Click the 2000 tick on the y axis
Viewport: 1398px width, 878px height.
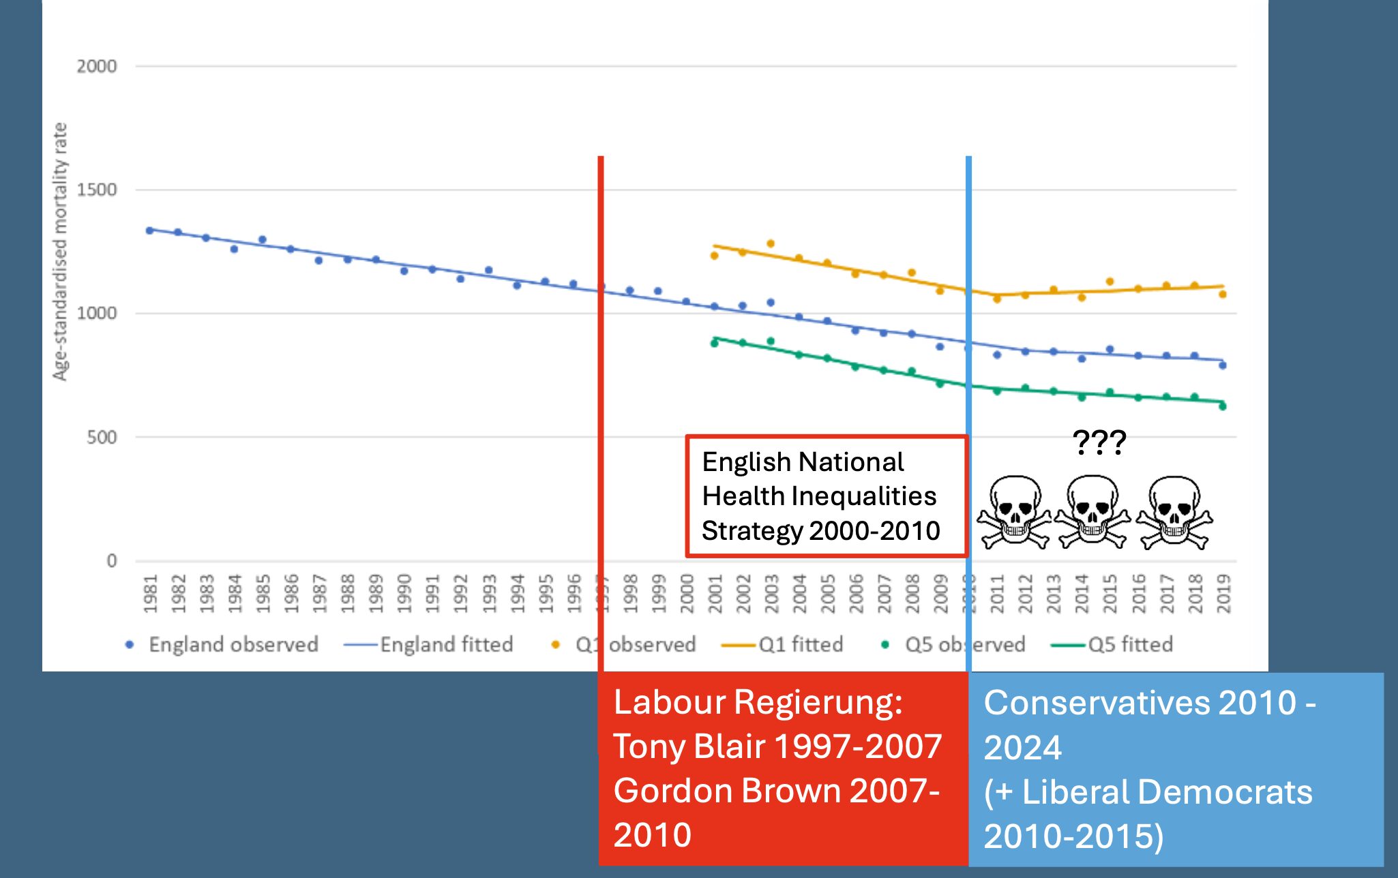point(96,66)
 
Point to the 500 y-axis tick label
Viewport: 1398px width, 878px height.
point(101,437)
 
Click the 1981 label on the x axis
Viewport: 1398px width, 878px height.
point(151,594)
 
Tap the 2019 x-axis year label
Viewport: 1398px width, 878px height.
point(1223,594)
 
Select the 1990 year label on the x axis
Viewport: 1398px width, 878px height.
point(404,594)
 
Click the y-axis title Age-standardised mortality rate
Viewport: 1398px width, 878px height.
point(60,252)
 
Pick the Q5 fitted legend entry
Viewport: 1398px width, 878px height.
point(1129,644)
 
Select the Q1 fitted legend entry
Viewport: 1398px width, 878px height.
point(800,644)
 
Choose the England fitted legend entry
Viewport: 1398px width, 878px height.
point(445,644)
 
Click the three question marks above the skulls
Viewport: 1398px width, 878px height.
point(1099,442)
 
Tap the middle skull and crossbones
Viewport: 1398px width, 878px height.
point(1092,511)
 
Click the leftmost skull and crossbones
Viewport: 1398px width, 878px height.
point(1015,511)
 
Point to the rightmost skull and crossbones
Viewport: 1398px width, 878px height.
point(1174,511)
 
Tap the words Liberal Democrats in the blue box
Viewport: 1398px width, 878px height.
point(1167,792)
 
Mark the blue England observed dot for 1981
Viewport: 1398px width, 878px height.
point(149,230)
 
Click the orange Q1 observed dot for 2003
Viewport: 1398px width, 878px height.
point(771,243)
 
